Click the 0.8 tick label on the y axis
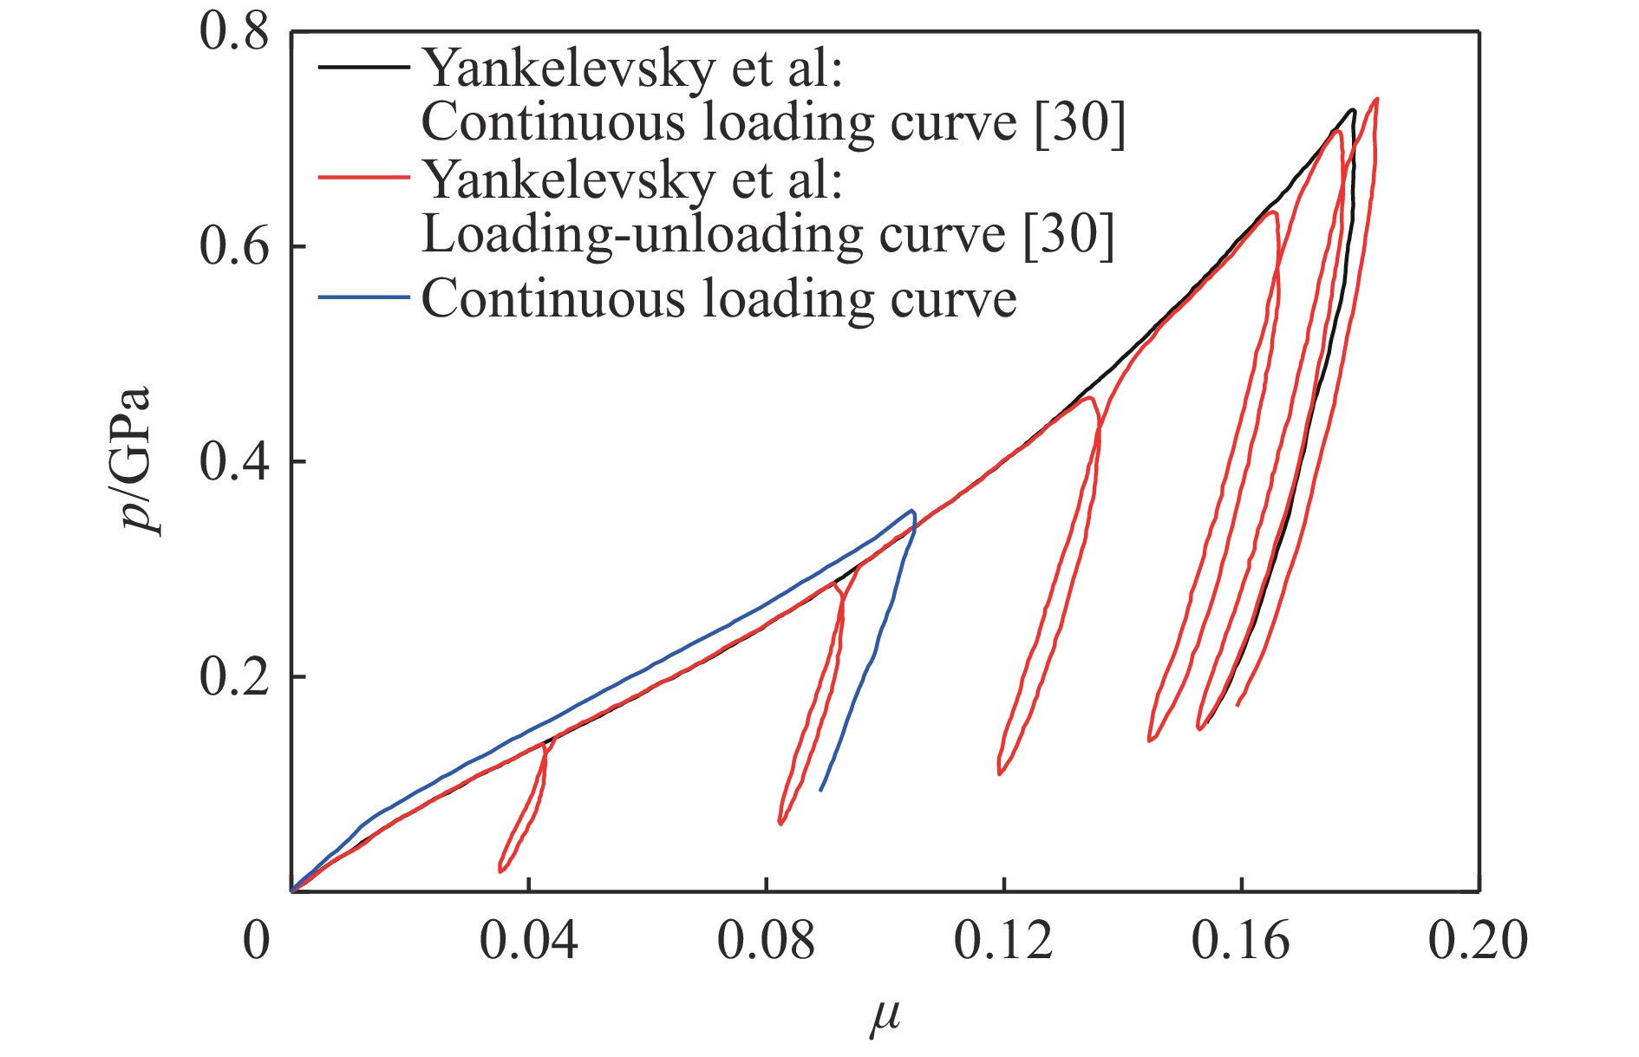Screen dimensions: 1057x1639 234,34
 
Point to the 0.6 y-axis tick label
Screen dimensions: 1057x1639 234,248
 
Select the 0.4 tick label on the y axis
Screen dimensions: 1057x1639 234,462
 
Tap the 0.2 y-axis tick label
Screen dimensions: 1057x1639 234,677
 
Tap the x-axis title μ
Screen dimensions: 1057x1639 885,1016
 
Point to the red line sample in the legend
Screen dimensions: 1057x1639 363,178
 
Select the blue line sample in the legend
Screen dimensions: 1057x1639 363,297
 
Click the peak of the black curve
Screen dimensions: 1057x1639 1352,110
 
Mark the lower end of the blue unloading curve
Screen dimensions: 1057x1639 820,790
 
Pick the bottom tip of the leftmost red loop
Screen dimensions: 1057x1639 501,871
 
